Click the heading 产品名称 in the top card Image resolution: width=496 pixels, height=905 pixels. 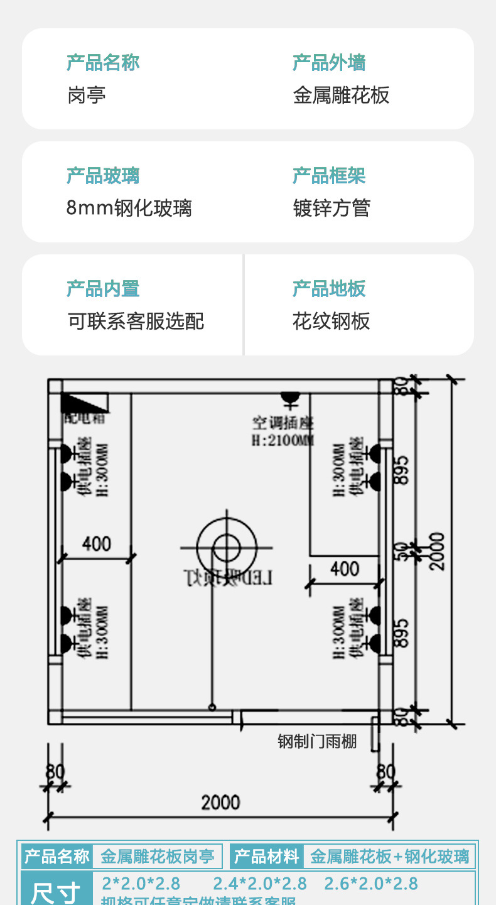[x=103, y=63]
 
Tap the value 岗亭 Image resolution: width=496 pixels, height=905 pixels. [x=87, y=95]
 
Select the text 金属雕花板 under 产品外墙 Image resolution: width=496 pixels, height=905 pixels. [x=341, y=95]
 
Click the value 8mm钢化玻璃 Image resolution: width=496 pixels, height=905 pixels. [x=129, y=208]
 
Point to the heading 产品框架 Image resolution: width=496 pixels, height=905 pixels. [x=329, y=176]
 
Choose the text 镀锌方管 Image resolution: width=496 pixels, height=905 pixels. [x=332, y=208]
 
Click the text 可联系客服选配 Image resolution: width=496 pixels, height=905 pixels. [x=136, y=321]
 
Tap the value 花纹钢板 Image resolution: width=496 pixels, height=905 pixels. [x=332, y=321]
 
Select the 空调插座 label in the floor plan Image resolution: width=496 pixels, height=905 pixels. [x=283, y=423]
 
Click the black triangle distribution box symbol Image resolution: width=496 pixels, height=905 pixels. [x=84, y=403]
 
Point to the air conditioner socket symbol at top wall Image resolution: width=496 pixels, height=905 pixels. [x=289, y=398]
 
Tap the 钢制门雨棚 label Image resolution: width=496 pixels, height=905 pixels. [x=317, y=741]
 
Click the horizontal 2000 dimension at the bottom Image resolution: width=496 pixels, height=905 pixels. [x=220, y=802]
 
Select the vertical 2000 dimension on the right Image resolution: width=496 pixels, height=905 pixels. [x=437, y=551]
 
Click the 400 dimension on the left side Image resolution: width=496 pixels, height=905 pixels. [x=96, y=544]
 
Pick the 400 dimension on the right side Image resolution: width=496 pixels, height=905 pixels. [x=345, y=569]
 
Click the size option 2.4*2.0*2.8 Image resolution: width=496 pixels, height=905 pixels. [x=260, y=884]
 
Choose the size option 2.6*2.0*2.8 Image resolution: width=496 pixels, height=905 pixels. [x=371, y=884]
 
